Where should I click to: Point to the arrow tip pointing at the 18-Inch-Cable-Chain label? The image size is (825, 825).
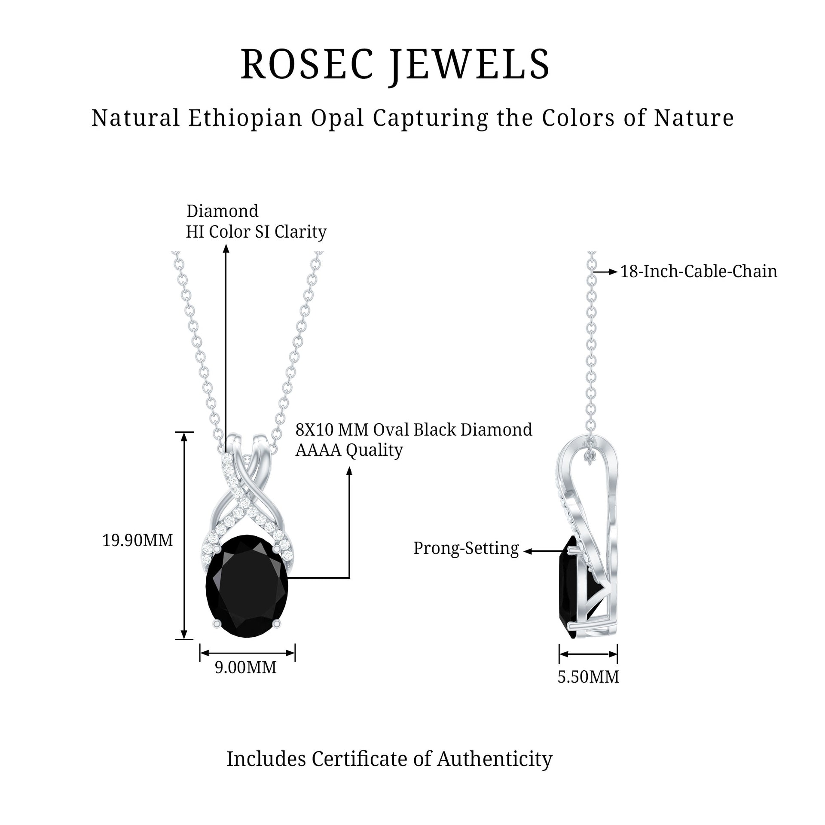tap(617, 272)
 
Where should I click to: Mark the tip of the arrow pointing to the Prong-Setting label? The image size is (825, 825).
tap(523, 551)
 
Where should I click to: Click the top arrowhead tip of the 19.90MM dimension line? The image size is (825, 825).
tap(184, 432)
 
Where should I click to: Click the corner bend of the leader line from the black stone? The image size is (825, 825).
tap(349, 578)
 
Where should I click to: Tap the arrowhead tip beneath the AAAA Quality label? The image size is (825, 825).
tap(349, 467)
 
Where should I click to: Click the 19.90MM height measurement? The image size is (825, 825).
tap(137, 541)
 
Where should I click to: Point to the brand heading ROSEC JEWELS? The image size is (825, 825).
tap(395, 65)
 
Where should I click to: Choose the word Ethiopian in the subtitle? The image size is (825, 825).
tap(245, 118)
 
